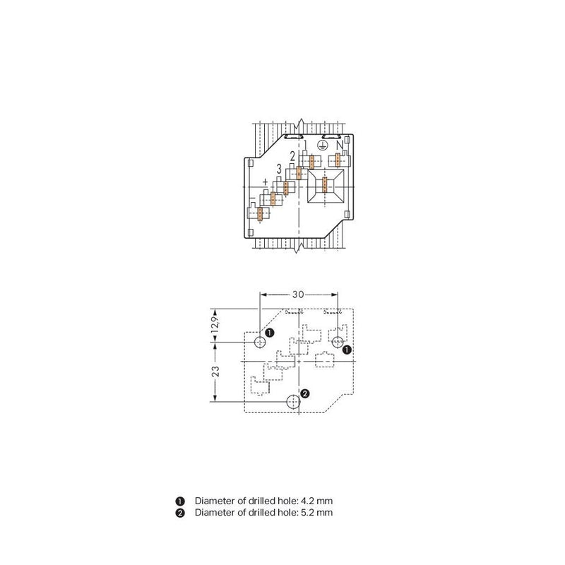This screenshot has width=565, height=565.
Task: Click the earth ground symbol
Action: click(323, 145)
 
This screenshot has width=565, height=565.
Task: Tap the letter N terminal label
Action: click(340, 145)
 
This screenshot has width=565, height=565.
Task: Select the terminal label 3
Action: click(279, 169)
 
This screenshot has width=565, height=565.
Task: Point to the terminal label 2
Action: click(292, 156)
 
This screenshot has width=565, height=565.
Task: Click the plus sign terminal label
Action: click(266, 182)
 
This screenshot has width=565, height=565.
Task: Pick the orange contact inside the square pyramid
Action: click(325, 185)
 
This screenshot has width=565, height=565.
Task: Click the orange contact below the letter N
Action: click(338, 160)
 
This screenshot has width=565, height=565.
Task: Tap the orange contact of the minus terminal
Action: click(260, 214)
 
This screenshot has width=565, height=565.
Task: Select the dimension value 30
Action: click(298, 295)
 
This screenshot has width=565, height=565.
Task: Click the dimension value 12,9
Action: click(215, 325)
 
